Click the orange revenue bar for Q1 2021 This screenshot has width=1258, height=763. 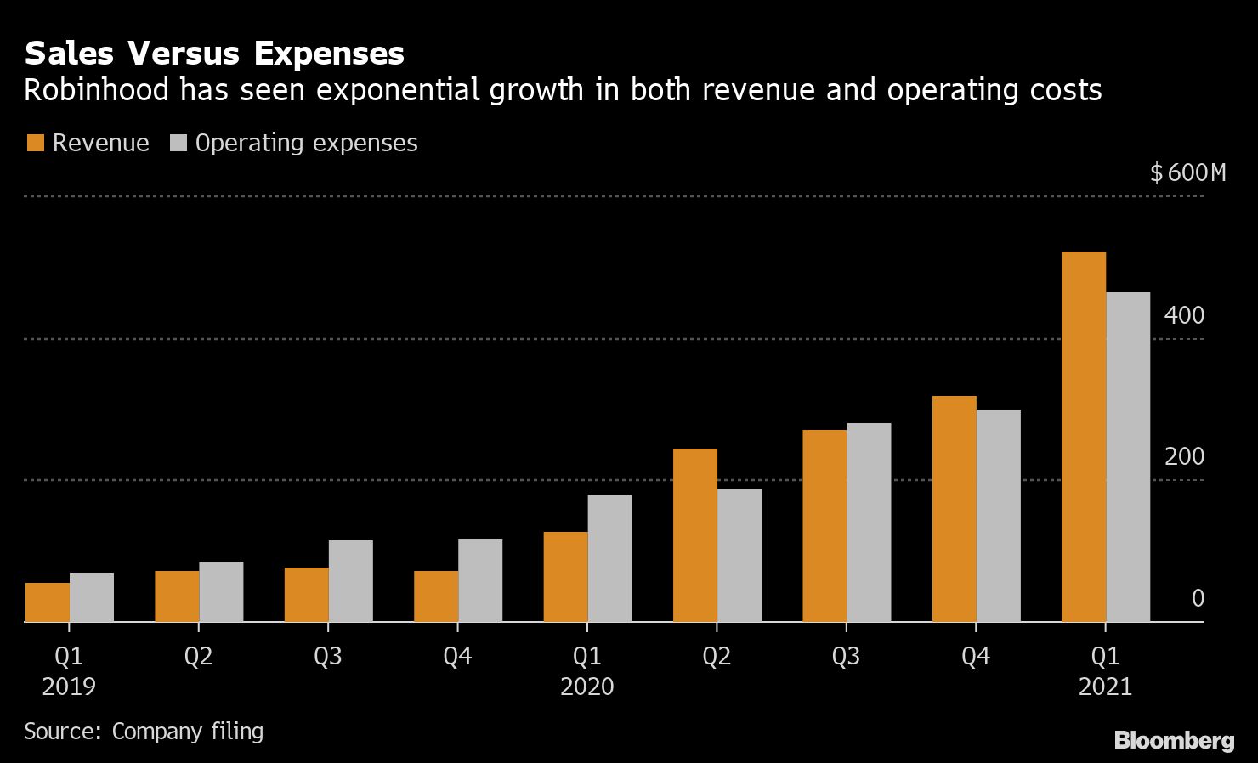click(x=1084, y=437)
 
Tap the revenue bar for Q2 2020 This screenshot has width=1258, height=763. click(x=695, y=535)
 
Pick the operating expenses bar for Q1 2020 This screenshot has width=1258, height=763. click(x=609, y=558)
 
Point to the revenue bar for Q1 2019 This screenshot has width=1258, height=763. click(x=48, y=602)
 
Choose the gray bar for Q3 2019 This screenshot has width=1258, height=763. click(x=350, y=581)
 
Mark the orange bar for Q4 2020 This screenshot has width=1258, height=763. click(x=954, y=509)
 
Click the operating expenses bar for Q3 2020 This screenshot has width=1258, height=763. click(x=869, y=523)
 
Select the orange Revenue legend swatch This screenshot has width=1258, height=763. click(x=35, y=143)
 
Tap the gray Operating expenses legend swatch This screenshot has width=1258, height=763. click(x=178, y=143)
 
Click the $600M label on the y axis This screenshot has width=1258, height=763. click(x=1188, y=173)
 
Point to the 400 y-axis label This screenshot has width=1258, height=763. click(x=1184, y=315)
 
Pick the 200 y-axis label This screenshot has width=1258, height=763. click(x=1184, y=456)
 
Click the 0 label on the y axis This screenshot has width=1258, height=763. click(x=1198, y=598)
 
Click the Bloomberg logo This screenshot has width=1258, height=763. click(x=1174, y=740)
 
